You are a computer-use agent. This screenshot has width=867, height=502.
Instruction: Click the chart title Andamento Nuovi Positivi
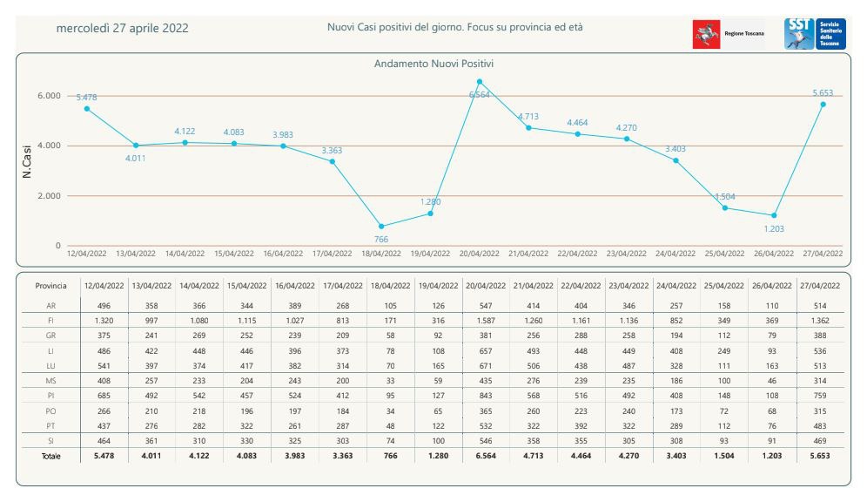(434, 64)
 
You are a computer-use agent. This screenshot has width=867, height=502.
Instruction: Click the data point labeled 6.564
(480, 82)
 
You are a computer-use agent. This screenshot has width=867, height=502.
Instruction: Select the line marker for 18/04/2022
(381, 227)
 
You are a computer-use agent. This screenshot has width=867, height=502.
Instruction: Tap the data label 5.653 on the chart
(823, 92)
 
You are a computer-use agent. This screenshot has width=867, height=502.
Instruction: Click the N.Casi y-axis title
(27, 161)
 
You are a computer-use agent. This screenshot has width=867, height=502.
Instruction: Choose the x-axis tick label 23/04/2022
(626, 254)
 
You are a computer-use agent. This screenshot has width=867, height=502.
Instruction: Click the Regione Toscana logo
(729, 34)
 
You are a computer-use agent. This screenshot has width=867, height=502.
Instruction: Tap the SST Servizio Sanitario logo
(815, 34)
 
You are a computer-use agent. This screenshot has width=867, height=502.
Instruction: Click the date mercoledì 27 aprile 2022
(122, 28)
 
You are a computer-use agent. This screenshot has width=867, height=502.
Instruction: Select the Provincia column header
(51, 286)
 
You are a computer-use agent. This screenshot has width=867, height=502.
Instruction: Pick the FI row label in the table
(51, 320)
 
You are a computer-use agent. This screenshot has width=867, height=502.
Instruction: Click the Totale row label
(51, 457)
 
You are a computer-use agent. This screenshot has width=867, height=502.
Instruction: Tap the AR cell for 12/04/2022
(104, 306)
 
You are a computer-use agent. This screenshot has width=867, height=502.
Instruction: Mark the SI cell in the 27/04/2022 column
(820, 441)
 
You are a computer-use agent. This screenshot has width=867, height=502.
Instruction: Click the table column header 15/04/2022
(247, 286)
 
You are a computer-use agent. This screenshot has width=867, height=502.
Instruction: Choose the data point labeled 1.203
(774, 215)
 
